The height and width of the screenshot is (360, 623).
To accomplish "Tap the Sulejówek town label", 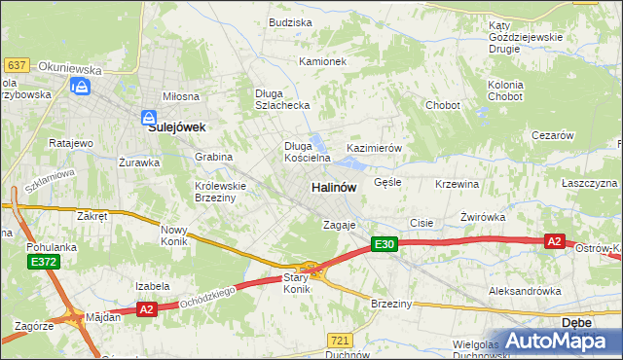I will click(x=176, y=126).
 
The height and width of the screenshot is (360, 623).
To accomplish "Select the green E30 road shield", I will click(x=385, y=245).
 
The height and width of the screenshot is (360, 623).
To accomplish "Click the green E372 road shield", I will click(x=43, y=263).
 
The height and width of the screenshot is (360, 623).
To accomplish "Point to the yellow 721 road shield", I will click(x=339, y=340).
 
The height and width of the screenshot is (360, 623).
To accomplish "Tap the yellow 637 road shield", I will click(x=16, y=65).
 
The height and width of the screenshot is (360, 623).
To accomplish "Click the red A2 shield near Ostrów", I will click(x=554, y=241).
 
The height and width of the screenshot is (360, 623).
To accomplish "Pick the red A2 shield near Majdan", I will click(x=146, y=309).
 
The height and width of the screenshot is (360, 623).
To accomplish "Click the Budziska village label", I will click(x=290, y=22).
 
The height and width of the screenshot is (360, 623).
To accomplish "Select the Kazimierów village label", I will click(x=375, y=148).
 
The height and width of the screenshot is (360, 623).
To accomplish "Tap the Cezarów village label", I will click(x=553, y=136).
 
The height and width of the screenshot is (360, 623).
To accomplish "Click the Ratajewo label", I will click(x=70, y=143).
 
